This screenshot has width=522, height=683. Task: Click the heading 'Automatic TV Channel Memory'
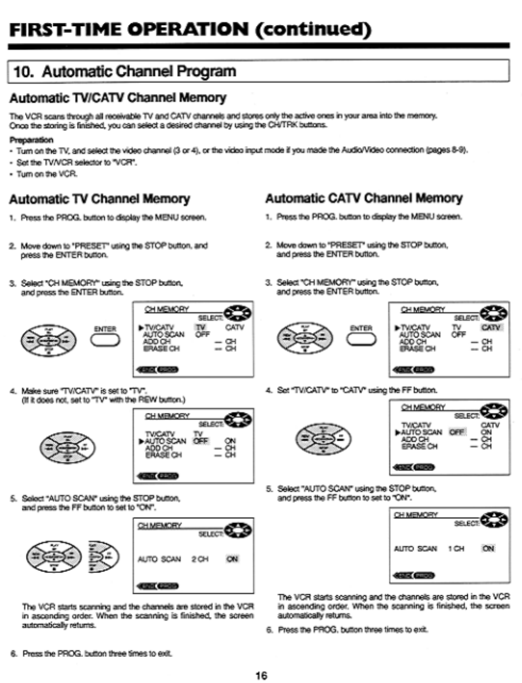[99, 199]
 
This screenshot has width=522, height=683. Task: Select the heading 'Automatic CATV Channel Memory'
[364, 199]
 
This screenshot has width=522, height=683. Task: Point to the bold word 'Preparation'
[31, 140]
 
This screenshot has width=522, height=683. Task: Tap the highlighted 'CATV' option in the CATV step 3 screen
[491, 328]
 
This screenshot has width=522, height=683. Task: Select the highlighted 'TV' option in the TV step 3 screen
[201, 328]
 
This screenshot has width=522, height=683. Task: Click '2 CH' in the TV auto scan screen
[200, 559]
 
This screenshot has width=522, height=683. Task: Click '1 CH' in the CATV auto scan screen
[456, 549]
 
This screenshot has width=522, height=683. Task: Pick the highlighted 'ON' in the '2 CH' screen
[232, 559]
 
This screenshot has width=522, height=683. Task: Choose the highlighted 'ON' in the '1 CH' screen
[488, 549]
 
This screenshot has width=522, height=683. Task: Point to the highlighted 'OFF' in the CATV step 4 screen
[457, 432]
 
